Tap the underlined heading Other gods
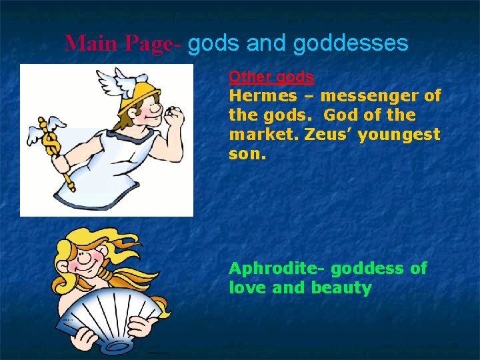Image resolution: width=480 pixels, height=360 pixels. pos(271,77)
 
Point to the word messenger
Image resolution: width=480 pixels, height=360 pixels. pos(373,96)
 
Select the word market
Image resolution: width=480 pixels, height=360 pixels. pos(263,135)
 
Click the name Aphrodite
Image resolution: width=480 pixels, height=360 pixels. pos(277,269)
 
